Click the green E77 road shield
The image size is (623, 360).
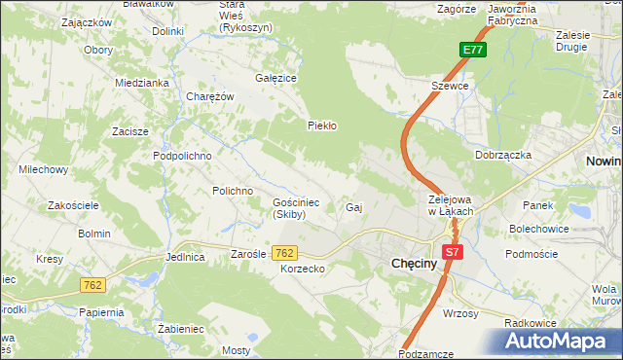pos(473,51)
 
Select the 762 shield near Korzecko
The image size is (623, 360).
pos(284,253)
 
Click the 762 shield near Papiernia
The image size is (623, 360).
pos(92,285)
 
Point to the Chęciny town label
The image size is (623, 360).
pos(419,263)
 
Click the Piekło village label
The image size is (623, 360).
pos(321,126)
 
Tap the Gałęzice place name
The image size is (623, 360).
pos(275,78)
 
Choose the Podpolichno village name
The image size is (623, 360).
pos(182,156)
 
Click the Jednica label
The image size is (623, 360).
pos(185,258)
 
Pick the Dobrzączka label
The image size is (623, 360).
pos(502,155)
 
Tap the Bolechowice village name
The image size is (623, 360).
pos(537,230)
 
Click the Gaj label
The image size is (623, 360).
pos(354,208)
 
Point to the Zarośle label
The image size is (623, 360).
pos(248,254)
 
